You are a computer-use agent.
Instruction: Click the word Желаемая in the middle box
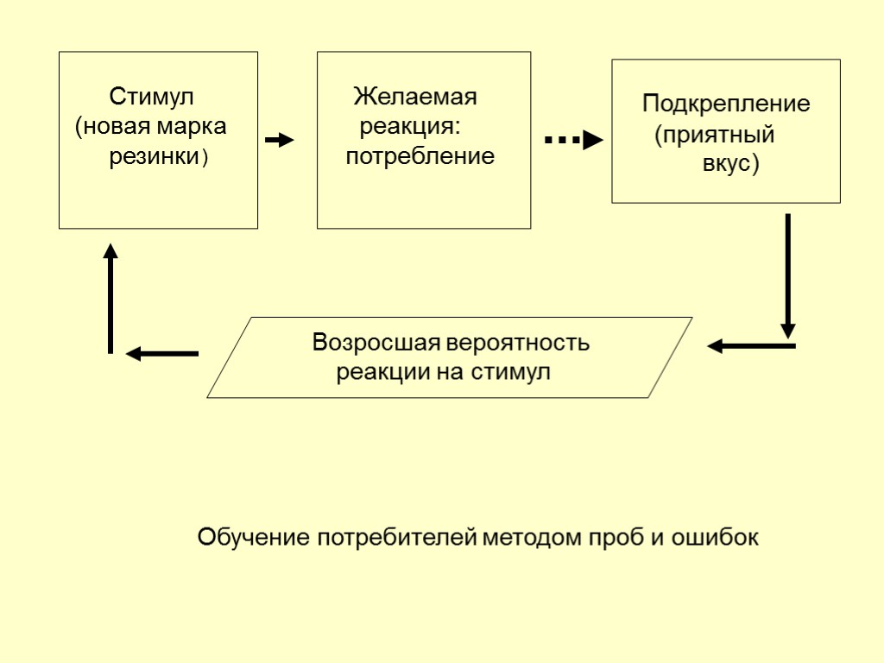pyautogui.click(x=415, y=96)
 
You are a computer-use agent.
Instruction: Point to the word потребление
pyautogui.click(x=420, y=156)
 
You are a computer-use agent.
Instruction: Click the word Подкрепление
pyautogui.click(x=725, y=104)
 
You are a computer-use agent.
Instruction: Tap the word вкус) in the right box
pyautogui.click(x=730, y=164)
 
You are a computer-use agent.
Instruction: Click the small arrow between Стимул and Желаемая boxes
pyautogui.click(x=279, y=140)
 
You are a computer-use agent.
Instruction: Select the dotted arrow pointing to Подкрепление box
pyautogui.click(x=572, y=140)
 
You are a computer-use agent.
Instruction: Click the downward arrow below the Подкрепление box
pyautogui.click(x=787, y=276)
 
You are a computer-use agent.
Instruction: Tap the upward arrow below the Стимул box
pyautogui.click(x=110, y=298)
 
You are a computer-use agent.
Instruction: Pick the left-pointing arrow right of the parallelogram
pyautogui.click(x=751, y=346)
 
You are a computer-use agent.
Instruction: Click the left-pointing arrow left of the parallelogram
pyautogui.click(x=162, y=353)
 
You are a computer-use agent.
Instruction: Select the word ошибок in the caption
pyautogui.click(x=716, y=538)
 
